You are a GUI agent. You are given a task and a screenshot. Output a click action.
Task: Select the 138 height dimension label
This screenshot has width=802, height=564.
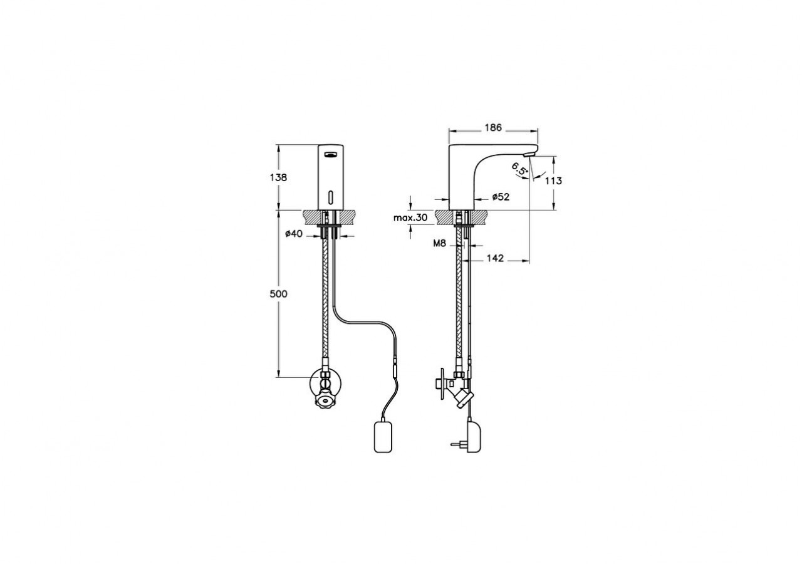(x=279, y=177)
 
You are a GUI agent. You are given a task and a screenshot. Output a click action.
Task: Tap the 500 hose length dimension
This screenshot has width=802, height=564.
(x=279, y=294)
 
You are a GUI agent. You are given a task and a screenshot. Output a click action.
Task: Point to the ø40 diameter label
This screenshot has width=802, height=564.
(x=294, y=234)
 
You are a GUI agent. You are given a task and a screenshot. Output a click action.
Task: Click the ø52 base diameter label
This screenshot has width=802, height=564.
(x=500, y=197)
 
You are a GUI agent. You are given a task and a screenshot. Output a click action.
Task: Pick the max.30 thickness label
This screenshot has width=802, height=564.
(x=410, y=218)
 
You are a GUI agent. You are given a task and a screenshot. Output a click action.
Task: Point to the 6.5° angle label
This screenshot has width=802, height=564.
(x=519, y=169)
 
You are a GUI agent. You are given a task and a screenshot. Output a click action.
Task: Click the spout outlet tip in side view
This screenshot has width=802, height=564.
(x=530, y=153)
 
